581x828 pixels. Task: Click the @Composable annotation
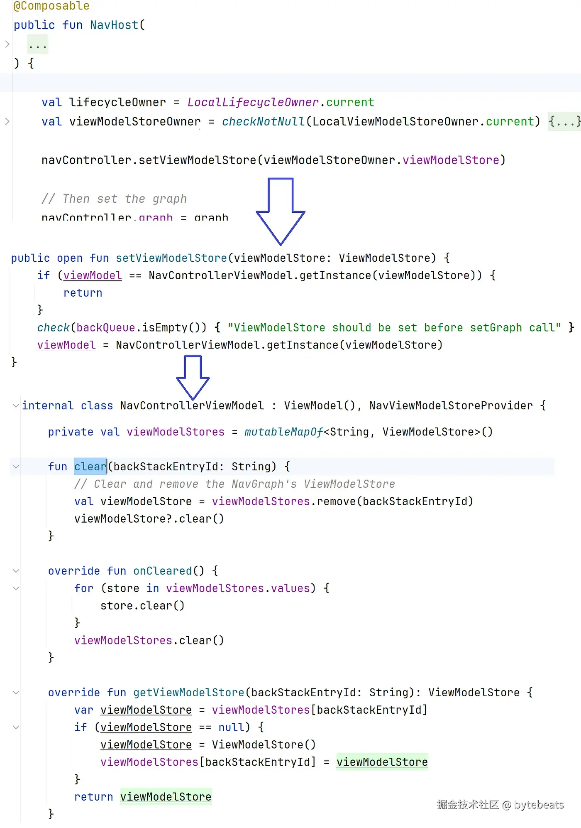[x=51, y=6]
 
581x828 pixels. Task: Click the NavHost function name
[x=114, y=25]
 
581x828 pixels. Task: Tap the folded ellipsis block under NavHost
[x=38, y=44]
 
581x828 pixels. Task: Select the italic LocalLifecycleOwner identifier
[x=253, y=102]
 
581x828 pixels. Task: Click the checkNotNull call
[x=263, y=121]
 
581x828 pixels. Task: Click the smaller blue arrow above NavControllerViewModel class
[x=193, y=376]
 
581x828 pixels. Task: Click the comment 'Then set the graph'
[x=114, y=199]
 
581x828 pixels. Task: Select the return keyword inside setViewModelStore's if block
[x=83, y=293]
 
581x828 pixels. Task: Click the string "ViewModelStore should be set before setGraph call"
[x=394, y=327]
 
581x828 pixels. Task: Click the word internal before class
[x=48, y=405]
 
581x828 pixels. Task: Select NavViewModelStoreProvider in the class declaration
[x=451, y=405]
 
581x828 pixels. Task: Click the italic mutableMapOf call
[x=283, y=432]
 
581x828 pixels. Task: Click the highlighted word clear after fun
[x=90, y=467]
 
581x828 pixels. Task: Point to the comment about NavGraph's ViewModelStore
[x=234, y=484]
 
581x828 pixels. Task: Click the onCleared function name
[x=163, y=571]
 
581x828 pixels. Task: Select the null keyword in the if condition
[x=231, y=727]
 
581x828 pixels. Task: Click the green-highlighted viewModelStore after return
[x=166, y=796]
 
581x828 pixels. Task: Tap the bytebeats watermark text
[x=539, y=805]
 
